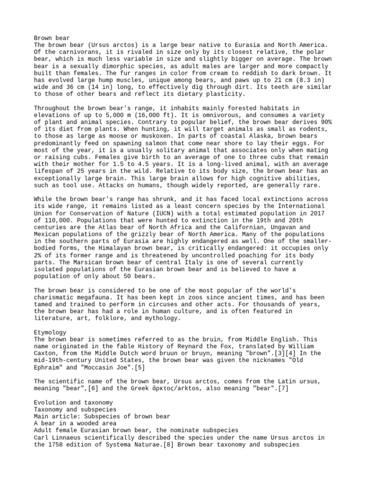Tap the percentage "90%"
coord(325,123)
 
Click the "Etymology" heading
coord(50,332)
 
